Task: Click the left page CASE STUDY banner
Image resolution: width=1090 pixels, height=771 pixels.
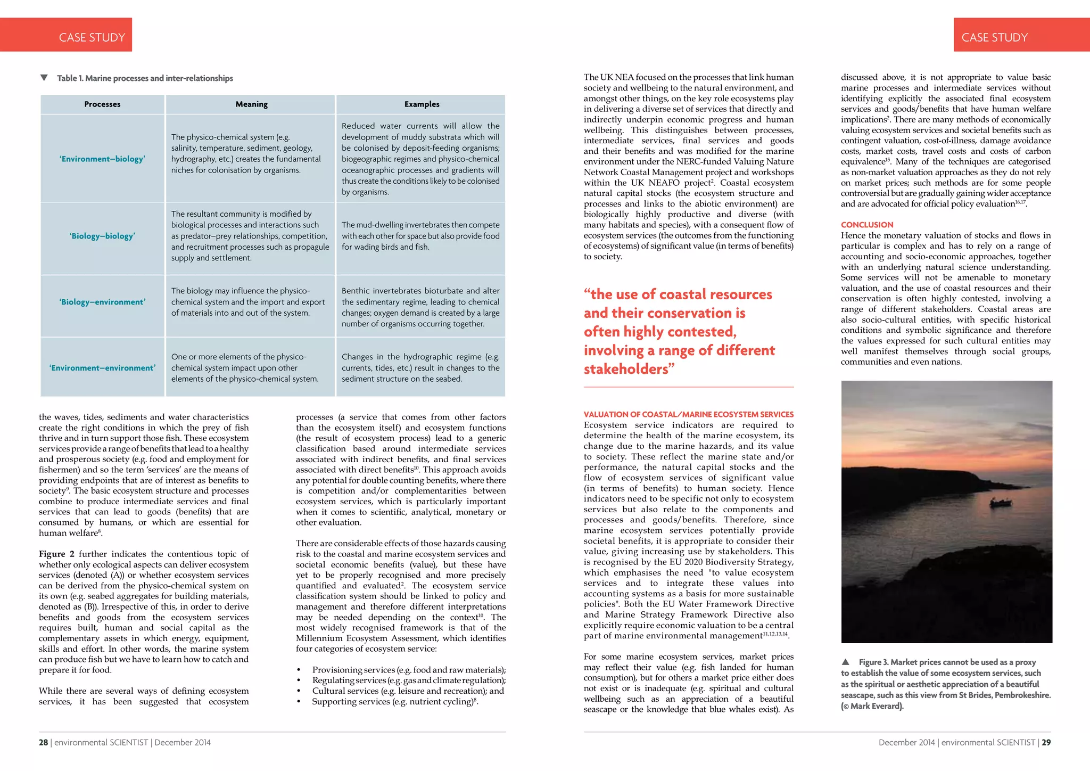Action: (x=92, y=37)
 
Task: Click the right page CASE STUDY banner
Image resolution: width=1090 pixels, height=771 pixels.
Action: (x=994, y=37)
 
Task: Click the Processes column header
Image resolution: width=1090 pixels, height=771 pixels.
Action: (x=102, y=104)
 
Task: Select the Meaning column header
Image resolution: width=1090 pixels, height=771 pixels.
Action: (x=251, y=104)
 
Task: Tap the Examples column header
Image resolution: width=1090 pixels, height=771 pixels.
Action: (x=422, y=104)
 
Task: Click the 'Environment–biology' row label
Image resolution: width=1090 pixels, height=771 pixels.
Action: (x=102, y=159)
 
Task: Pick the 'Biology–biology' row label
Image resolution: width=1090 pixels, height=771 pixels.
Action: (x=102, y=236)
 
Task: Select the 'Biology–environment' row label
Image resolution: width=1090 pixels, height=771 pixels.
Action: (x=102, y=302)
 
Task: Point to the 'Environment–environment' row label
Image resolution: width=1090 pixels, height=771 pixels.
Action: (x=102, y=368)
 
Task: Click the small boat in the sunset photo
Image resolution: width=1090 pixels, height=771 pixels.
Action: (x=1000, y=502)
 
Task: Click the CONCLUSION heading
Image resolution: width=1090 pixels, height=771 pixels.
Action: (x=867, y=225)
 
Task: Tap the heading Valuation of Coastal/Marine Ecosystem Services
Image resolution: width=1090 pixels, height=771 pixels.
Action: (x=688, y=414)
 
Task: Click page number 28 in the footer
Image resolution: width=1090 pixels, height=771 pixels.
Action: (x=43, y=742)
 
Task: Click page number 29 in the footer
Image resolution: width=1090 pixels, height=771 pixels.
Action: (x=1046, y=742)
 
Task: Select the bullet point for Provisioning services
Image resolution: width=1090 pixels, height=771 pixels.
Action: (x=299, y=670)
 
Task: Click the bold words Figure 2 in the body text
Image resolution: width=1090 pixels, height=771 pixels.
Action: (x=56, y=554)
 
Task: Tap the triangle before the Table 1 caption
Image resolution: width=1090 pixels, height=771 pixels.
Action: (x=44, y=78)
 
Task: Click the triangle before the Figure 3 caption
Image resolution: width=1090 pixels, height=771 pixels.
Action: (x=846, y=662)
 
